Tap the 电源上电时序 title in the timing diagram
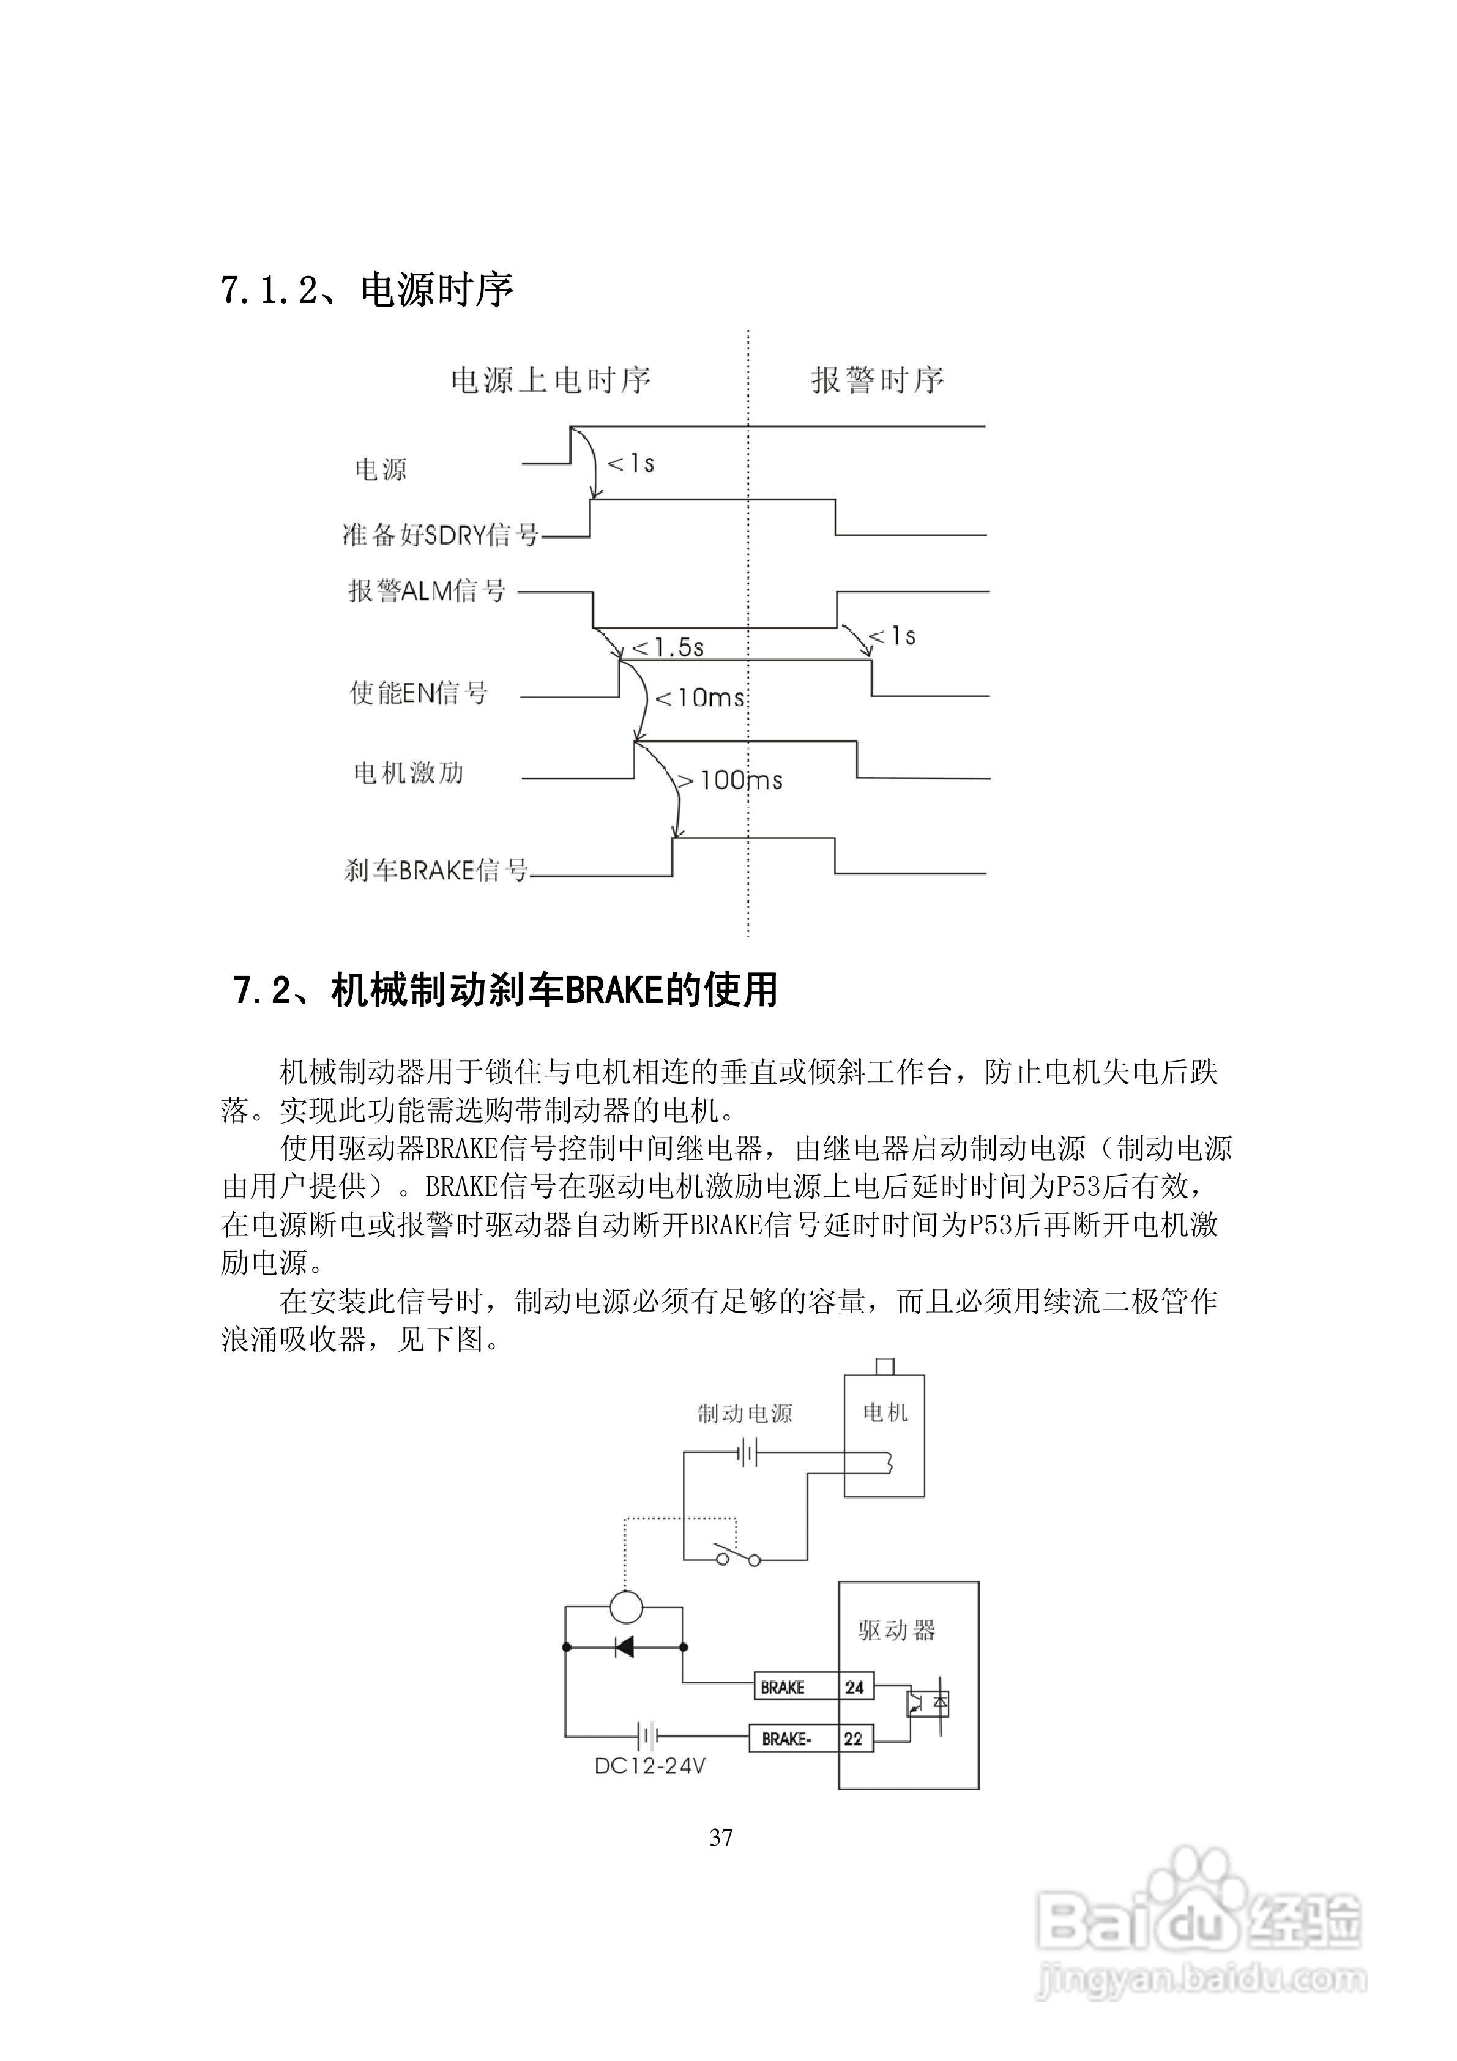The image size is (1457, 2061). coord(550,381)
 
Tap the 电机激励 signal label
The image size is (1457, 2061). coord(409,772)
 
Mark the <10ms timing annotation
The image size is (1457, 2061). coord(700,698)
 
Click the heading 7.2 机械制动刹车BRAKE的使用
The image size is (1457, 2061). coord(505,990)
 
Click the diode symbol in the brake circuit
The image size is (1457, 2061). coord(624,1646)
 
